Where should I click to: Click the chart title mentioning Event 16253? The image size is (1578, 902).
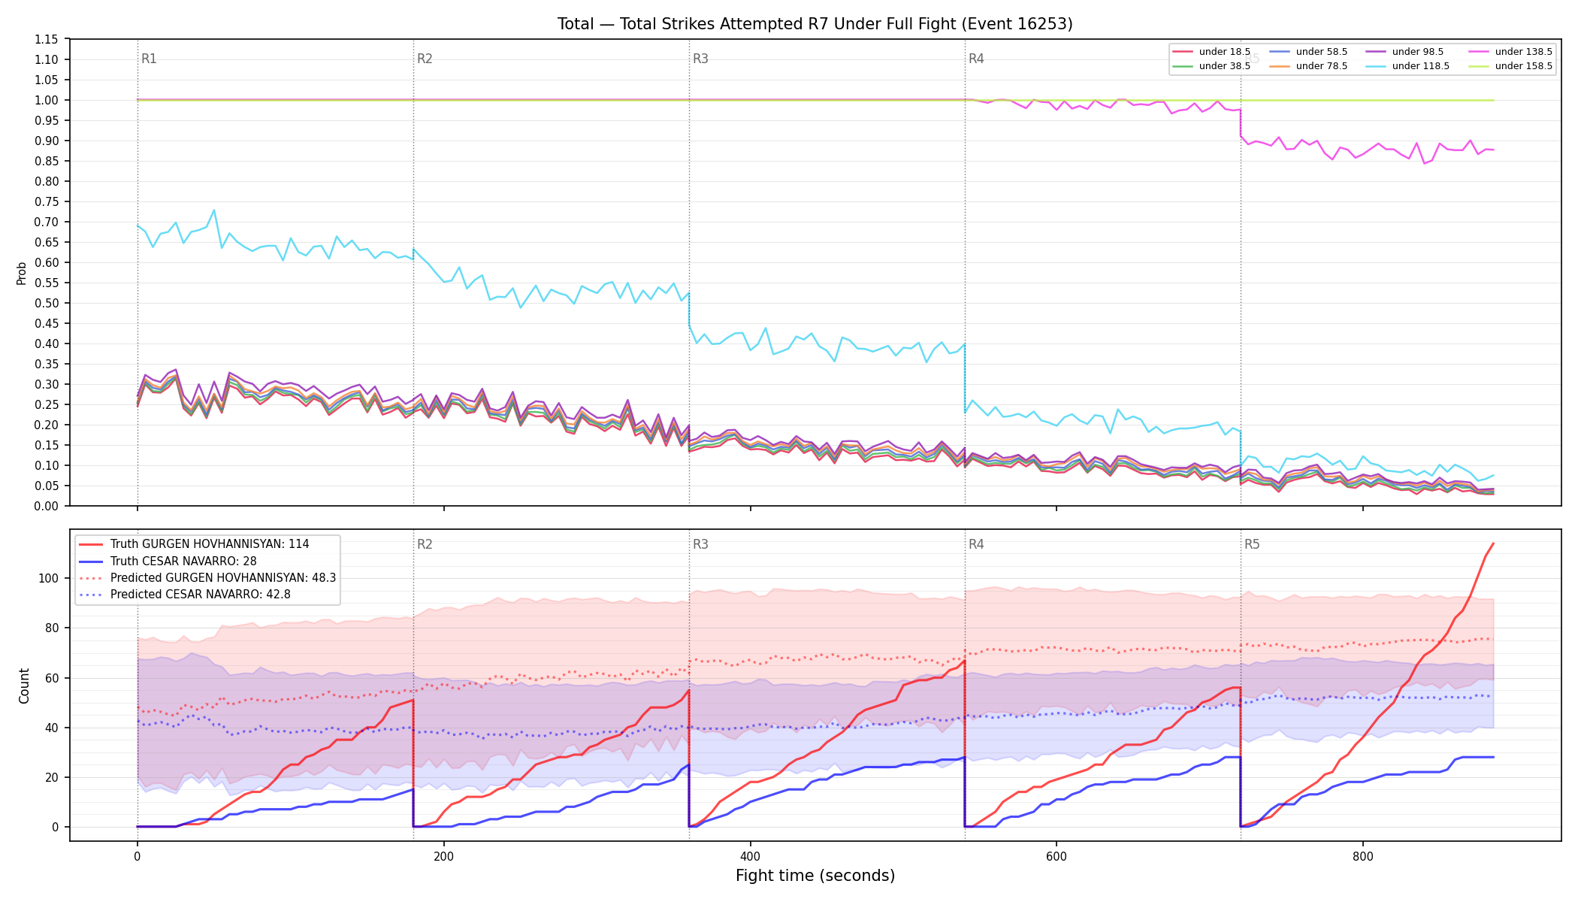click(x=815, y=24)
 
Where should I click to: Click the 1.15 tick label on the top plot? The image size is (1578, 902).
click(x=47, y=39)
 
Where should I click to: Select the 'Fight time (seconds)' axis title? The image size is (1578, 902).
click(x=815, y=876)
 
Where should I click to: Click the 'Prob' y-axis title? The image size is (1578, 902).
click(x=22, y=273)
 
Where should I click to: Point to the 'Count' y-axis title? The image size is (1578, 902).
click(x=24, y=686)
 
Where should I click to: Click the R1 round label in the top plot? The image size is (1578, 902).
click(x=149, y=59)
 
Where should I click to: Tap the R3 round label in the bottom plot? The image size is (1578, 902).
click(x=700, y=544)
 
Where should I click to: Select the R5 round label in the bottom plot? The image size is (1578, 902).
click(x=1252, y=544)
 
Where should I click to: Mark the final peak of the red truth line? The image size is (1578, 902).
click(x=1493, y=543)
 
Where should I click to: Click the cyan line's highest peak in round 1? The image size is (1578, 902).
click(x=214, y=210)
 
